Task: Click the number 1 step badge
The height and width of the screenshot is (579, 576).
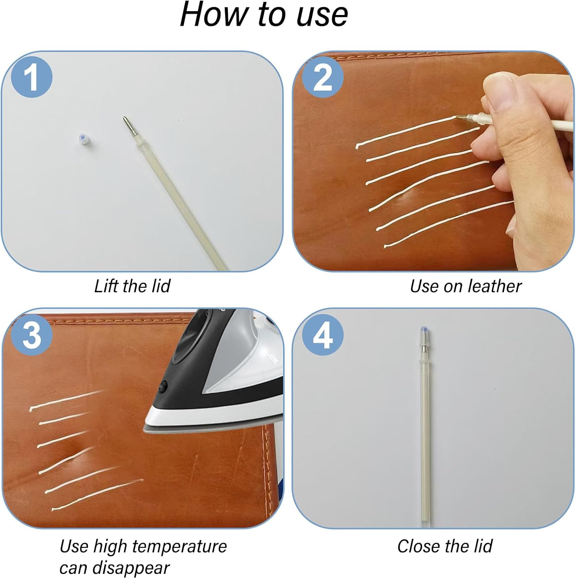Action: [32, 77]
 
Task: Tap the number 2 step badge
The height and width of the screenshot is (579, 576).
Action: [323, 77]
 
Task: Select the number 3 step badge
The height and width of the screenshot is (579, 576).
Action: [32, 335]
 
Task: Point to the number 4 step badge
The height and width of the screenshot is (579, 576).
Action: [323, 335]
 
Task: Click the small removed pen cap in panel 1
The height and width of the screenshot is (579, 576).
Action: [82, 139]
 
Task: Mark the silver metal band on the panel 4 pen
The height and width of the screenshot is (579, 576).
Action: [424, 349]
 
